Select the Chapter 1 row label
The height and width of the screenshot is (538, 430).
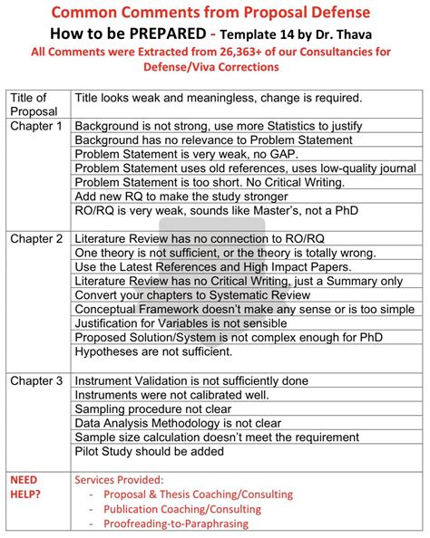[x=36, y=127]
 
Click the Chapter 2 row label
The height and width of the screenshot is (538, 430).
[x=36, y=239]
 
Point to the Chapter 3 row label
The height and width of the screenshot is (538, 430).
[x=36, y=381]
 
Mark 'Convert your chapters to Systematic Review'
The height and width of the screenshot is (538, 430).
[x=200, y=295]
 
